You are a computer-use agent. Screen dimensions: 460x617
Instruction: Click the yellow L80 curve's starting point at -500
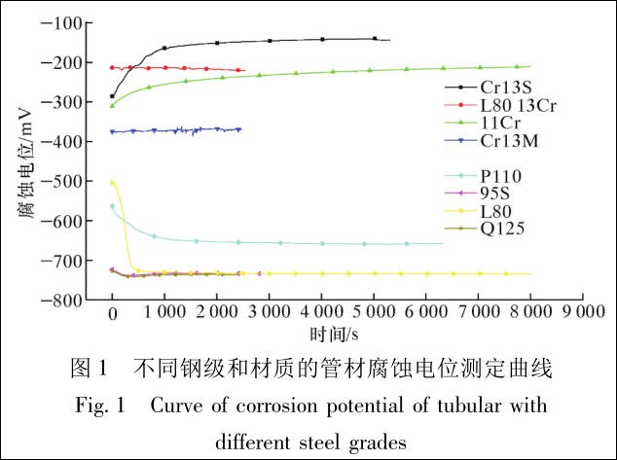tap(113, 182)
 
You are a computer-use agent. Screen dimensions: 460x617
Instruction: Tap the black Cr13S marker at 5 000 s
tap(375, 39)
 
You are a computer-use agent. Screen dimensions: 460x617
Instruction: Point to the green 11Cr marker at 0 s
tap(112, 105)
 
